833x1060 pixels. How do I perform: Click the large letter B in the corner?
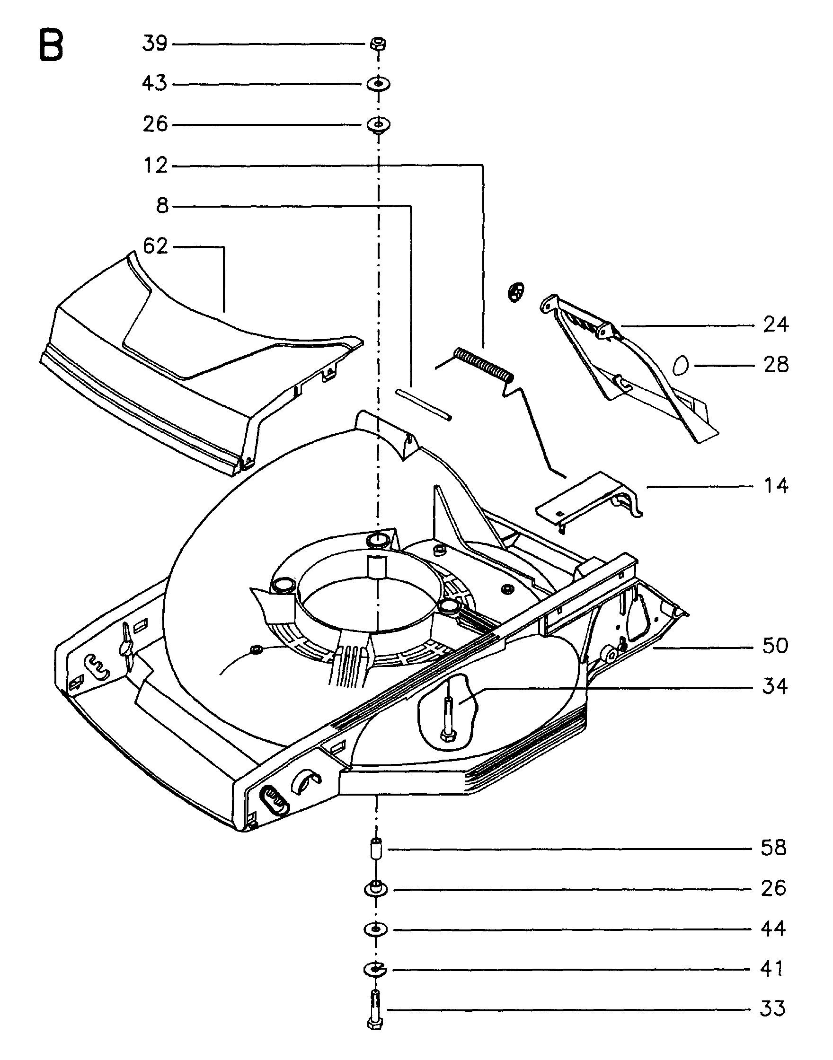[x=51, y=45]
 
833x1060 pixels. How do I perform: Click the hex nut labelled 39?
[x=377, y=44]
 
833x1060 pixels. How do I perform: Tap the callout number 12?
[x=156, y=166]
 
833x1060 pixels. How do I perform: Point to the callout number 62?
[x=156, y=246]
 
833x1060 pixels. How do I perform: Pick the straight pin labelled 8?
[x=424, y=404]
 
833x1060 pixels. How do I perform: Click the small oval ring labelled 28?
[x=680, y=365]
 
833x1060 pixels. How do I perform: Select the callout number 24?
[x=776, y=324]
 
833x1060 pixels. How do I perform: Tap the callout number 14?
[x=776, y=486]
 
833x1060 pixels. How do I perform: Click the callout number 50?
[x=775, y=646]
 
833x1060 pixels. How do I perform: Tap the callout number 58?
[x=774, y=849]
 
